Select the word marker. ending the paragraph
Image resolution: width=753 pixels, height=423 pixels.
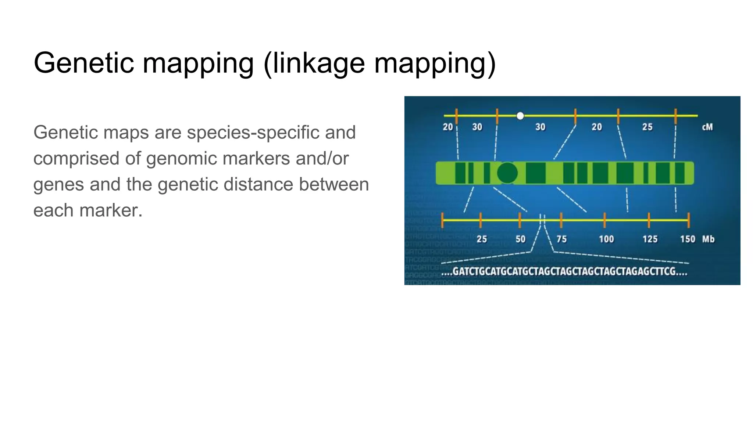coord(111,210)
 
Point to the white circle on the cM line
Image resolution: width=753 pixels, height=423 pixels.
coord(520,116)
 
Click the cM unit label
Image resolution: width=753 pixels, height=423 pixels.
coord(707,127)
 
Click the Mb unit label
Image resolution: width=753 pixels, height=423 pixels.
coord(708,239)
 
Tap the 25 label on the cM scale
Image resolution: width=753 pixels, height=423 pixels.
coord(647,127)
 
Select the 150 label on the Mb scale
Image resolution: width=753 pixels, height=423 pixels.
coord(687,239)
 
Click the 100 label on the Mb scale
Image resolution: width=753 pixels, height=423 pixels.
coord(606,239)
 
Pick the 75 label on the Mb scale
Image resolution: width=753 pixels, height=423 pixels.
coord(561,239)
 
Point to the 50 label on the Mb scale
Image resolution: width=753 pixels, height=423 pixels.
coord(520,239)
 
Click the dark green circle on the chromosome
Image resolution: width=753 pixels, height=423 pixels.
coord(507,173)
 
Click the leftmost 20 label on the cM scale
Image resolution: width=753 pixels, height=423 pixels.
coord(447,127)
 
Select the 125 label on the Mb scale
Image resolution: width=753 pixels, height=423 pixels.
coord(650,239)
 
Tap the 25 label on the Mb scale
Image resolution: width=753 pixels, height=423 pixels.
coord(482,239)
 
